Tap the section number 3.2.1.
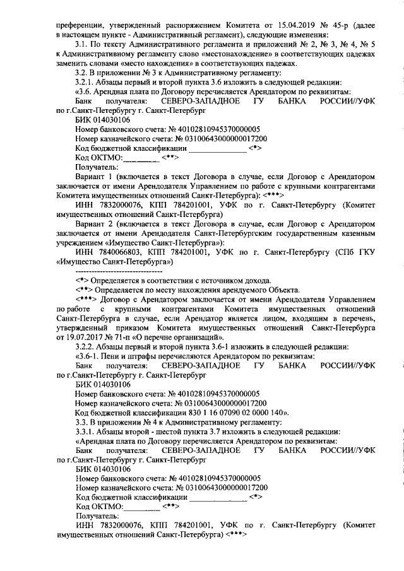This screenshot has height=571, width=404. [85, 83]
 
